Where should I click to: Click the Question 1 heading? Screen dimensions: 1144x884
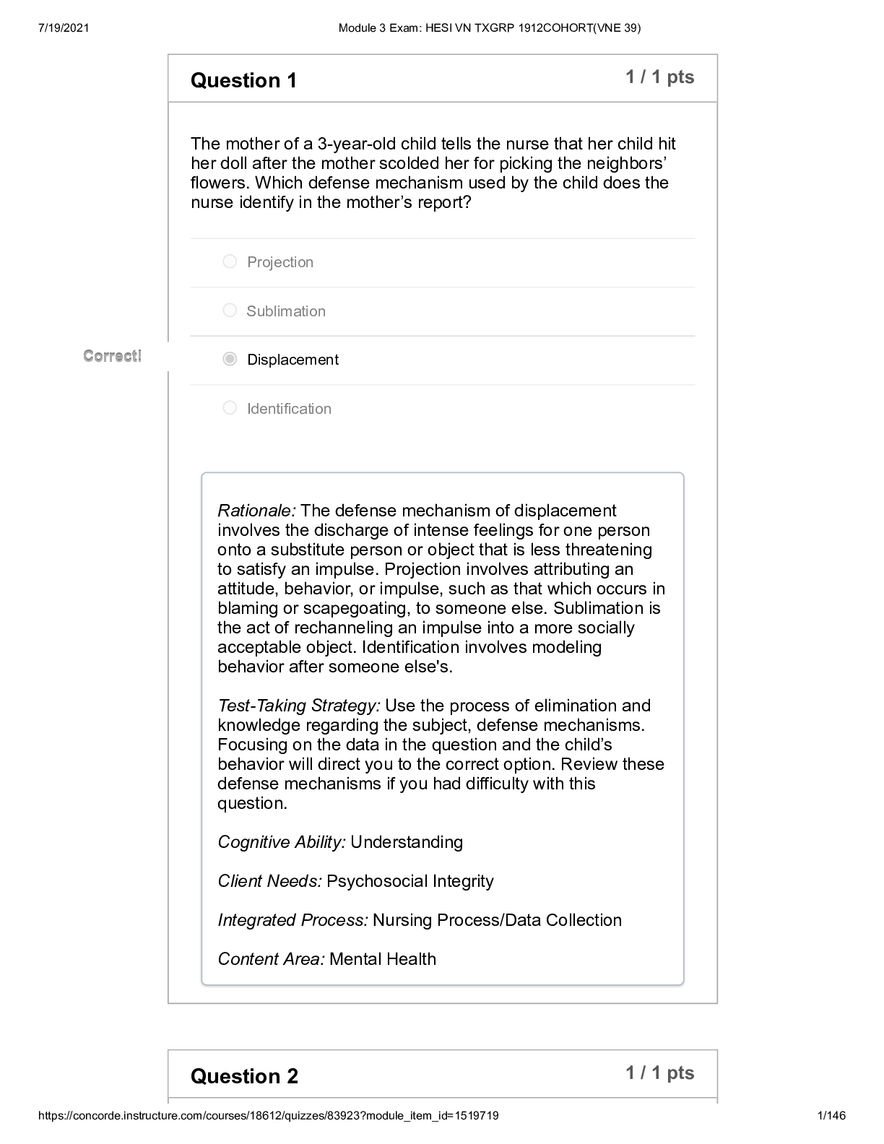tap(243, 80)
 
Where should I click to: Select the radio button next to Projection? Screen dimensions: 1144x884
tap(230, 261)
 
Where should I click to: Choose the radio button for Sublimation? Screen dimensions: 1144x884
tap(230, 311)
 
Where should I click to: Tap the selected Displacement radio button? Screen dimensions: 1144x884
tap(230, 359)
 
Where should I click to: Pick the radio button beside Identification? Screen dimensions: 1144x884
tap(230, 408)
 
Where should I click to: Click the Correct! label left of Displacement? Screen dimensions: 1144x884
tap(113, 356)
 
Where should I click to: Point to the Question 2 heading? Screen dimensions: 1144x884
tap(244, 1076)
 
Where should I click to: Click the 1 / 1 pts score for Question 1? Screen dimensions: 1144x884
tap(659, 77)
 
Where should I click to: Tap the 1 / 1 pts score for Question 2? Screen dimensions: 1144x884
tap(659, 1073)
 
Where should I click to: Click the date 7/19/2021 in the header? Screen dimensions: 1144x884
tap(61, 28)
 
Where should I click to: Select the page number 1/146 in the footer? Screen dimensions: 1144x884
tap(831, 1116)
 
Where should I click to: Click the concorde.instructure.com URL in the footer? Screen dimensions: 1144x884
tap(268, 1116)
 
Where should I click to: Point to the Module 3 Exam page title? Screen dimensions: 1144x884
tap(489, 28)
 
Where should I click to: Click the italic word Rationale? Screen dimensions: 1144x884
tap(256, 511)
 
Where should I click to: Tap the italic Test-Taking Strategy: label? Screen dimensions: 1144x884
tap(298, 706)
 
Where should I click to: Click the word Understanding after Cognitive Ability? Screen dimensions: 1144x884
tap(407, 842)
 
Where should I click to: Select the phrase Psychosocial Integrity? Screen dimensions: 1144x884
tap(410, 881)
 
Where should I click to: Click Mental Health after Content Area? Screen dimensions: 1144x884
tap(383, 959)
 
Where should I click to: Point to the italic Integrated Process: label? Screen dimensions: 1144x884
tap(292, 920)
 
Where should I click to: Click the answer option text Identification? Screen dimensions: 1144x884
tap(289, 409)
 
